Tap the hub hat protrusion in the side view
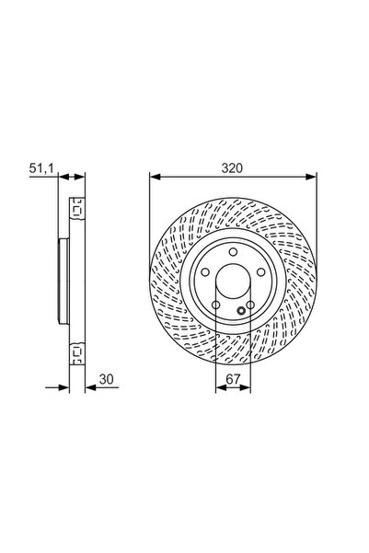point(62,280)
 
